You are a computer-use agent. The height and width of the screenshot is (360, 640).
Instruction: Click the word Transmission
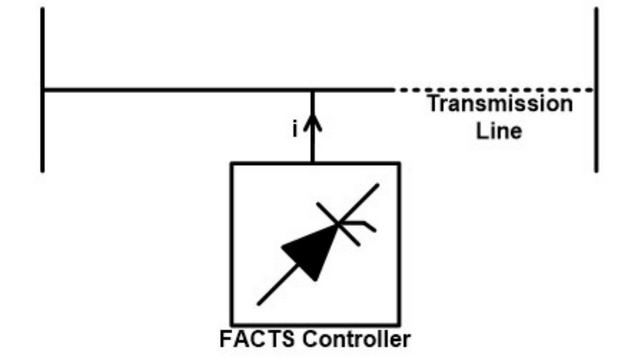(500, 104)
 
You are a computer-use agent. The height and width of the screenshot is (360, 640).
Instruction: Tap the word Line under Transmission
(500, 130)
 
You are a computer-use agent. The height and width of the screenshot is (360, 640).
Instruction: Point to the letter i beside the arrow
(295, 129)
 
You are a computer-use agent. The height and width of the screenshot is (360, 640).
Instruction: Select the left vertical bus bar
(43, 90)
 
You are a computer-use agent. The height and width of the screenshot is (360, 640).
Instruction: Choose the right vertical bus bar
(597, 90)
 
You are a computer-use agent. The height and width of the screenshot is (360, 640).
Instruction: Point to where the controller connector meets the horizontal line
(314, 90)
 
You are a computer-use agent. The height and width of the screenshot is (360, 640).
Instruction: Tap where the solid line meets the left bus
(43, 90)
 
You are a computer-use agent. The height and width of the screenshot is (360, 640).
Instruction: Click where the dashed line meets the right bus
(597, 90)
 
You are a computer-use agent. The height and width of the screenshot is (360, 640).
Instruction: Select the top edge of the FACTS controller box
(314, 163)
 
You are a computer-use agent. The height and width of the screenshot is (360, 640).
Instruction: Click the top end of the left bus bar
(43, 10)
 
